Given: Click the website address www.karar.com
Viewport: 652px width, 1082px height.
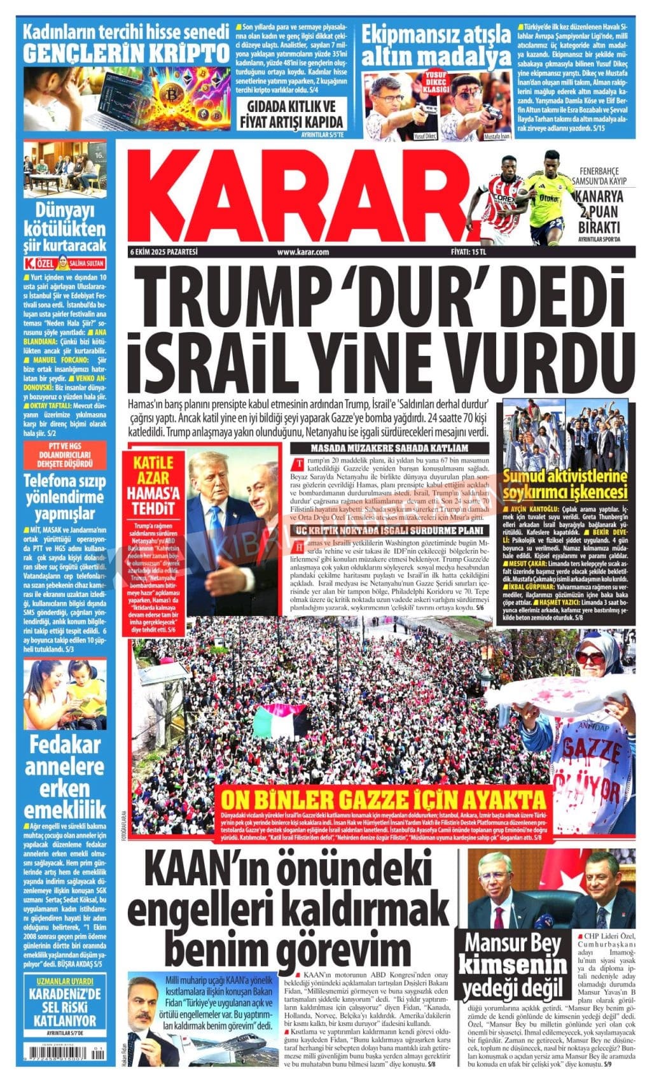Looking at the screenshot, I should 303,252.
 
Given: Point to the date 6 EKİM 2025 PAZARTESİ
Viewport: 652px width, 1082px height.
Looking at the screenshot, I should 163,252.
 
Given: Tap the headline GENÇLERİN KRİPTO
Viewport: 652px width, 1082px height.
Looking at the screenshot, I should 125,53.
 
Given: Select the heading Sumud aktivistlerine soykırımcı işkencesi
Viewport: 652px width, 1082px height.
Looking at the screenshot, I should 565,484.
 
